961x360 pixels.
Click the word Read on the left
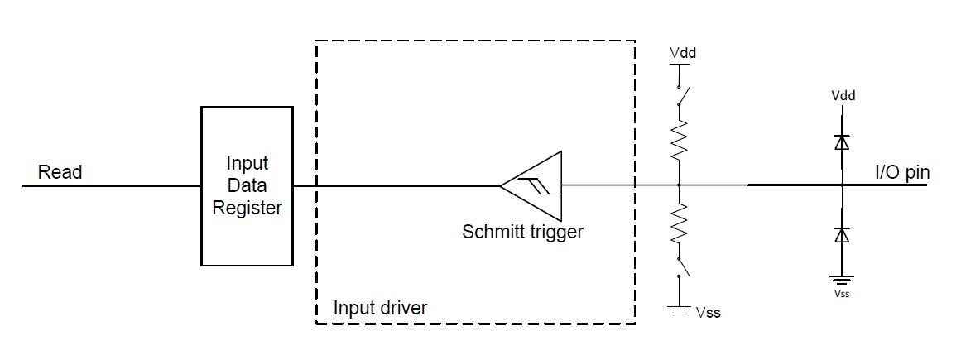click(60, 172)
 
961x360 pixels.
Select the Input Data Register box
click(247, 185)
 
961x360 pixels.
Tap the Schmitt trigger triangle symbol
click(533, 185)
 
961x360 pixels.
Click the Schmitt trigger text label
click(522, 232)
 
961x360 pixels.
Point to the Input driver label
click(380, 309)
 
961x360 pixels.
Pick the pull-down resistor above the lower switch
click(679, 226)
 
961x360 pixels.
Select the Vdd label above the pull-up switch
click(682, 53)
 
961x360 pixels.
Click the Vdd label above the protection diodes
click(843, 95)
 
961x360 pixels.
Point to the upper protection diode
click(843, 142)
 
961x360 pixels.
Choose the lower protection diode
click(843, 235)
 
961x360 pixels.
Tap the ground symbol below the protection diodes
click(843, 280)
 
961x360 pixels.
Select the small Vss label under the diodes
click(843, 294)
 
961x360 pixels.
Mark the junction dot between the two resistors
click(679, 185)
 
